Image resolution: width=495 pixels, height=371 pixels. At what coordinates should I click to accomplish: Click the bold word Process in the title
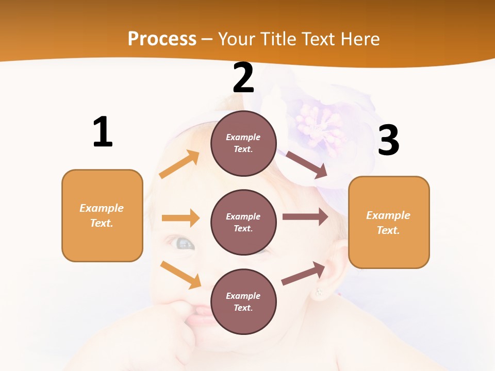[162, 39]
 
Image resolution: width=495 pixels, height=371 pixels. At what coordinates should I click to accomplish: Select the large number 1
[103, 132]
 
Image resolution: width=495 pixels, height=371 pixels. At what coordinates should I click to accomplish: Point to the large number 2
[243, 78]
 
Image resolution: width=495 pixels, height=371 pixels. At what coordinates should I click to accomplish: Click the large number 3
[388, 140]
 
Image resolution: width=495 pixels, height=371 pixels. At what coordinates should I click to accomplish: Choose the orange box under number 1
[102, 215]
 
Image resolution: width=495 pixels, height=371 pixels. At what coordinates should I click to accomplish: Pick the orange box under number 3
[389, 222]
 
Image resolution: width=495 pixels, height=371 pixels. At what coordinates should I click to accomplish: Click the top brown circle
[243, 143]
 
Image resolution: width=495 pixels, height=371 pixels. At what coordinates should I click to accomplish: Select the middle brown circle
[243, 222]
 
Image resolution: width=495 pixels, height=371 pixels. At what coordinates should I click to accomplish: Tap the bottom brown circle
[243, 301]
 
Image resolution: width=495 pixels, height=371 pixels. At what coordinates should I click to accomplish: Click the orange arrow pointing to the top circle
[179, 164]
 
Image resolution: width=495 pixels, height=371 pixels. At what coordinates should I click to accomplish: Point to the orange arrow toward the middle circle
[180, 218]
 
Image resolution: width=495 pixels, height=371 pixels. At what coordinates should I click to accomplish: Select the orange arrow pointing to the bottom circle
[180, 274]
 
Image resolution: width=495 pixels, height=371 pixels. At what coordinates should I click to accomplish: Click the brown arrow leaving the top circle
[306, 164]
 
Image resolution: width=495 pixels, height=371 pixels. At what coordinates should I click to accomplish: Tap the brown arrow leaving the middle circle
[305, 216]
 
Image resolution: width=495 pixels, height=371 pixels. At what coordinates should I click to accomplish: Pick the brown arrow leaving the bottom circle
[303, 273]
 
